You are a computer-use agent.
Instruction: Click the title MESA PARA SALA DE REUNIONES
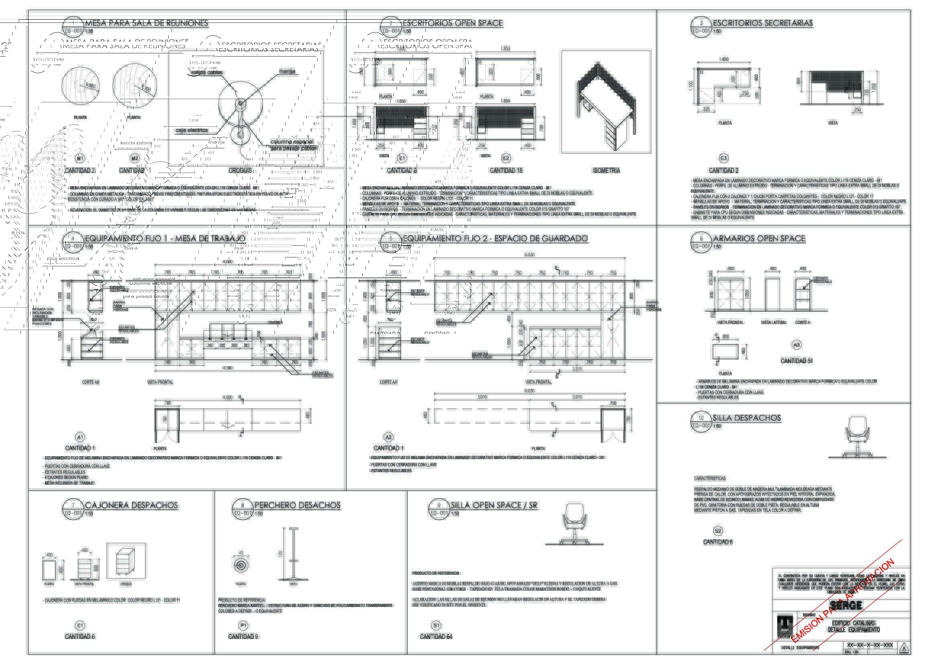147,23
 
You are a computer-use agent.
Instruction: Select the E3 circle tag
723,158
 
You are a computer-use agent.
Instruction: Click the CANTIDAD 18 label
506,171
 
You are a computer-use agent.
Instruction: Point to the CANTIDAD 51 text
796,361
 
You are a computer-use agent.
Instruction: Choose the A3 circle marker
796,345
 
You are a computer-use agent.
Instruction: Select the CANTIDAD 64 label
436,637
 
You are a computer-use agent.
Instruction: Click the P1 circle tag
243,625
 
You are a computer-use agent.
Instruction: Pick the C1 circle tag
80,625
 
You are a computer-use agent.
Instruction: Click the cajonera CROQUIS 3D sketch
126,561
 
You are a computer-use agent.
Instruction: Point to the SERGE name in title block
846,605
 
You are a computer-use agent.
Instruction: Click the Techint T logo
784,625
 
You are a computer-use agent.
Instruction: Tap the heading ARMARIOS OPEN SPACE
759,239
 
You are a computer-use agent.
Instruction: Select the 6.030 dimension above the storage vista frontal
530,255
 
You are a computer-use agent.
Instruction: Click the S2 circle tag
718,531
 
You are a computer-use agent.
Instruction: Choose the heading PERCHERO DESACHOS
297,506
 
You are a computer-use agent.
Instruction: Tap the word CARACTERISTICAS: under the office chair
710,479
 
